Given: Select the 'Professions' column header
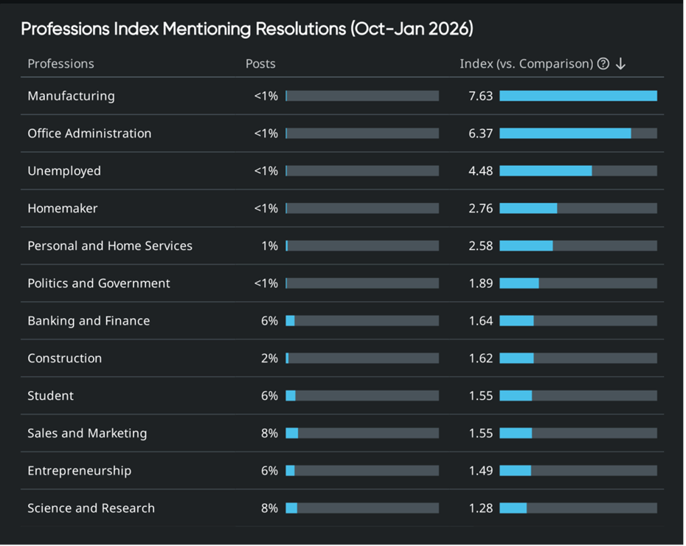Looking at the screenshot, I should coord(60,63).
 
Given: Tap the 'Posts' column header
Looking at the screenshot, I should coord(260,63).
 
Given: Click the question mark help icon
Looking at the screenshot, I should coord(603,63).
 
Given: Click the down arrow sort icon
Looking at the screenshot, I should coord(620,63).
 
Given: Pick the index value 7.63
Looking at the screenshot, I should coord(480,96).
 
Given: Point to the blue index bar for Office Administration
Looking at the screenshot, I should coord(565,134).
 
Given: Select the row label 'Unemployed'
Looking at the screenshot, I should coord(64,171).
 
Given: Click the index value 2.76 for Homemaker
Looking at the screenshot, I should coord(480,209).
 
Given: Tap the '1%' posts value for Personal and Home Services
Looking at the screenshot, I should coord(269,246).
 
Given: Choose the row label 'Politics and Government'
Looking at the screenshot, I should coord(99,283).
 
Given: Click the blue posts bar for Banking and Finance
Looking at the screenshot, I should coord(290,321).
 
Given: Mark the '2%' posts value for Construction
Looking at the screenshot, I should coord(269,359).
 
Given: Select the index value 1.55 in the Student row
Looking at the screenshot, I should coord(480,396).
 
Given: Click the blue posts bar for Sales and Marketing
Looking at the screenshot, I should coord(292,433).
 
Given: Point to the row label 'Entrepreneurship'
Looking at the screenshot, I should coord(79,471).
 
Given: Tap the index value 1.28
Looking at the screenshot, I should coord(480,508).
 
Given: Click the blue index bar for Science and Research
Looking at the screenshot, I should coord(513,508).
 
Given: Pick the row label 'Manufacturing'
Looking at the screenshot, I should coord(71,96).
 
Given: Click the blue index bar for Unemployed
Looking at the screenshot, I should coord(545,171).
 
